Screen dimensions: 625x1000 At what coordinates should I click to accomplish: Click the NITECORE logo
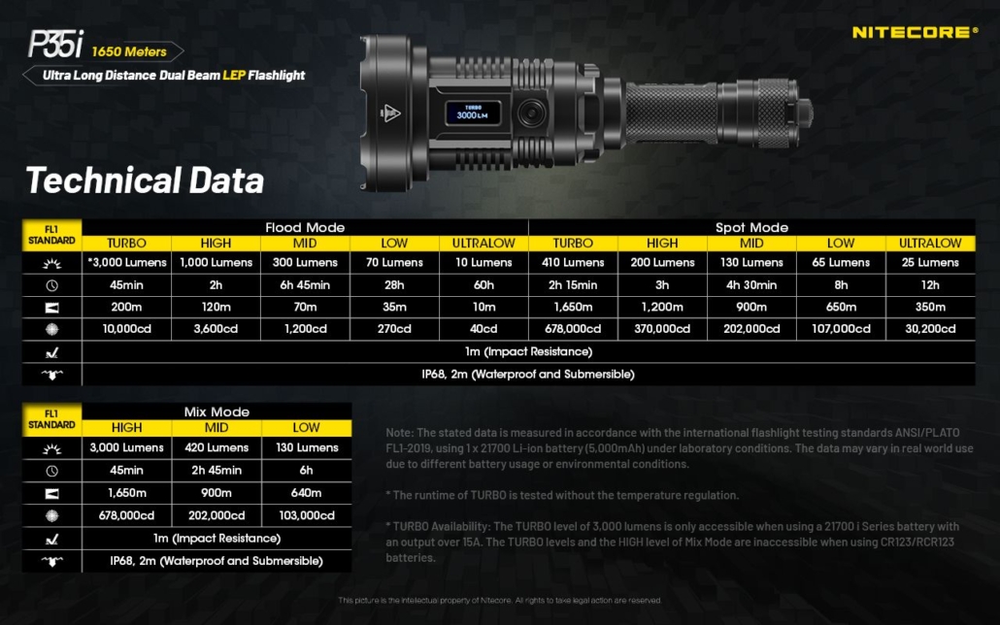[x=915, y=32]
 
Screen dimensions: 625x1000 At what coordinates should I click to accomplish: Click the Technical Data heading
[x=145, y=181]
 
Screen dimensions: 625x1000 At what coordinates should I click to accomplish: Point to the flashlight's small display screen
[x=473, y=112]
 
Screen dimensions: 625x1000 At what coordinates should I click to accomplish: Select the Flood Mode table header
[x=305, y=227]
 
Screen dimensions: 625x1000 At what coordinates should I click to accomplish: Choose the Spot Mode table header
[x=751, y=227]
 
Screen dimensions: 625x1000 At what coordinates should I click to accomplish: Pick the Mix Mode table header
[x=217, y=411]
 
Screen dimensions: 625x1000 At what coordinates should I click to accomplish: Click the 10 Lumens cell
[x=483, y=262]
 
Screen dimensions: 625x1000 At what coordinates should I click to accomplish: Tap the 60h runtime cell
[x=483, y=284]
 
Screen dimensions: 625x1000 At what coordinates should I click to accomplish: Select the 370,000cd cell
[x=662, y=329]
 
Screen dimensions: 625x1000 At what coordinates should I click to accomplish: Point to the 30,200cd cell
[x=930, y=329]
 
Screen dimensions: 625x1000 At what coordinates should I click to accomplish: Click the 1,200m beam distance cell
[x=662, y=307]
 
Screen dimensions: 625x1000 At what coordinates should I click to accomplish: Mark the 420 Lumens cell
[x=216, y=447]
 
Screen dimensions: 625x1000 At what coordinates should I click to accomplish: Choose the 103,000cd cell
[x=306, y=515]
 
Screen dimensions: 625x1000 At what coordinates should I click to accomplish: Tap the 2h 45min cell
[x=216, y=470]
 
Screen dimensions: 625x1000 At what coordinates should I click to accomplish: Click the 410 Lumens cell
[x=573, y=262]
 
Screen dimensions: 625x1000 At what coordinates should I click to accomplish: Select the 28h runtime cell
[x=394, y=284]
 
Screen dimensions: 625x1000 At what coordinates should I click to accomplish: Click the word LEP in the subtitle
[x=232, y=75]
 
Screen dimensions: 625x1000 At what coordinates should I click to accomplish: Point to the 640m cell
[x=306, y=492]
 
